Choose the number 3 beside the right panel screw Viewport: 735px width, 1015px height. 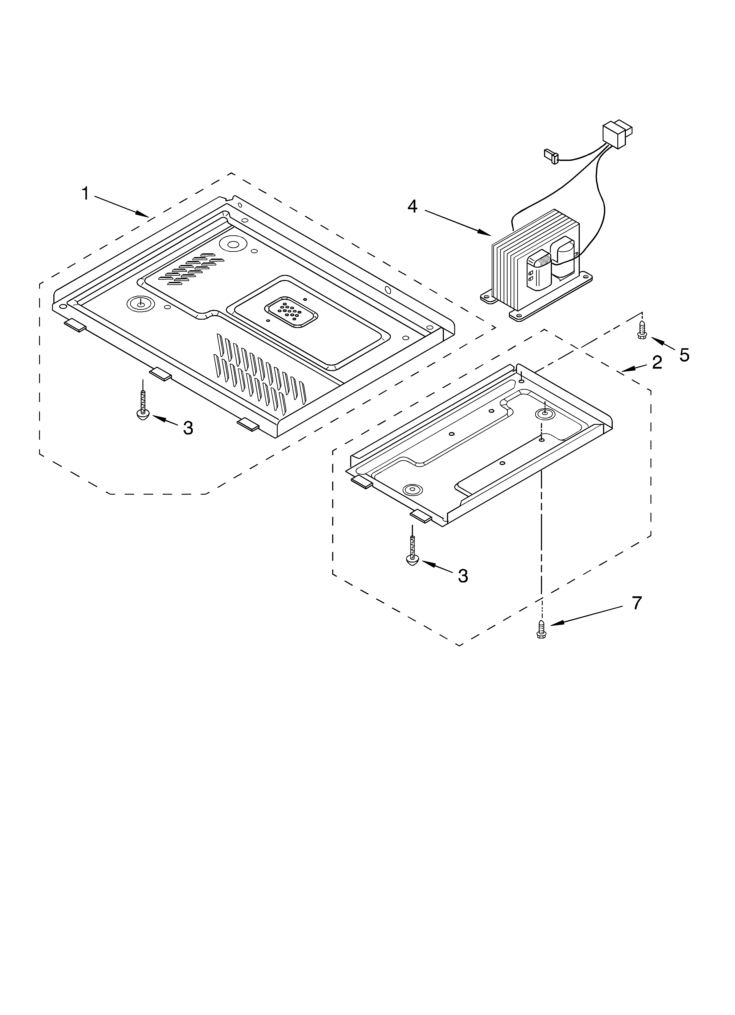pyautogui.click(x=463, y=576)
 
